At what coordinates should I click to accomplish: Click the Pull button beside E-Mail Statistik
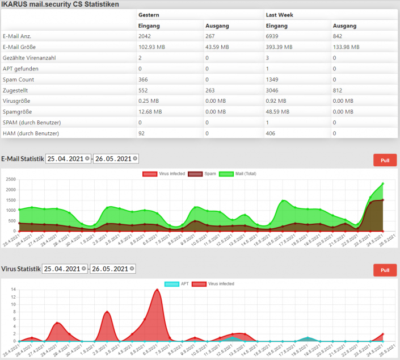point(385,160)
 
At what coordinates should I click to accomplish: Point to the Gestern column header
point(149,15)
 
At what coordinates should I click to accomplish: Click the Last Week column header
point(279,15)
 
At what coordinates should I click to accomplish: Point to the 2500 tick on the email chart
point(10,179)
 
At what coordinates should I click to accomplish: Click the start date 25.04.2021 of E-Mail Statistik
point(66,159)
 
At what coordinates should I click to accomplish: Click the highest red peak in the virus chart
point(157,290)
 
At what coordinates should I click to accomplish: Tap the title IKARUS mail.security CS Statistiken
point(60,4)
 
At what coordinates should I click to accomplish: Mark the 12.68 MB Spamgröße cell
point(150,112)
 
